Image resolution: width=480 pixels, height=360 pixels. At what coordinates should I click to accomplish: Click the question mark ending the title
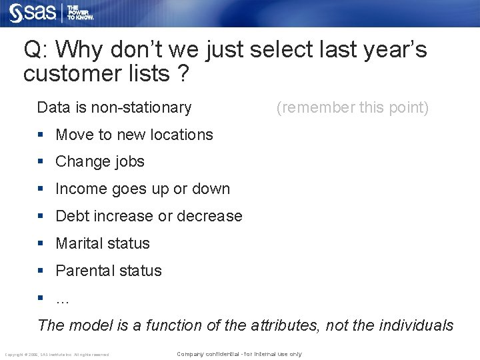(182, 74)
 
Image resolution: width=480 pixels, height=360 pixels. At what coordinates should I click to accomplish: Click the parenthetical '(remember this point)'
(353, 107)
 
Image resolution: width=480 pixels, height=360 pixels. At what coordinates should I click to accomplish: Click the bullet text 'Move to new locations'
(134, 135)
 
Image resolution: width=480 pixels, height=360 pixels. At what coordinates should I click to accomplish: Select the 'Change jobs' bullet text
(100, 162)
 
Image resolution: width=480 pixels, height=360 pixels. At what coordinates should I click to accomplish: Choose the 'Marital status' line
(103, 244)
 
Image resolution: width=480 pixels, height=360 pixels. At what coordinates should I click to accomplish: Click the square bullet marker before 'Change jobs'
(41, 161)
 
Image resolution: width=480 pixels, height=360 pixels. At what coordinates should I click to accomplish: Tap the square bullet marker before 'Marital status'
(41, 243)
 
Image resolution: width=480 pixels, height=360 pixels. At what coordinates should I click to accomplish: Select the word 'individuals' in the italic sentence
(416, 325)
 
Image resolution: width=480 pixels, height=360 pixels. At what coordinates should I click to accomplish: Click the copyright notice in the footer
(57, 354)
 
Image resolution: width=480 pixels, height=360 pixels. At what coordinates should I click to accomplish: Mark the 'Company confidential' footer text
(239, 354)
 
